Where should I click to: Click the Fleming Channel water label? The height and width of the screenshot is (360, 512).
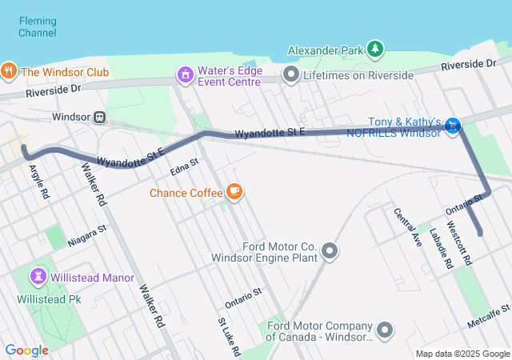coord(38,26)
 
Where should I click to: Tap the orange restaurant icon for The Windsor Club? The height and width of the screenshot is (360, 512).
coord(10,70)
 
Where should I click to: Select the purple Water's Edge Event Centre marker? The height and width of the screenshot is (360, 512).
coord(186,74)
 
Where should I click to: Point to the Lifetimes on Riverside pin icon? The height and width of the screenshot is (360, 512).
coord(291,75)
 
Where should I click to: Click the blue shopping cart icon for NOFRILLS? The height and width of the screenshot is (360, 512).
coord(454,125)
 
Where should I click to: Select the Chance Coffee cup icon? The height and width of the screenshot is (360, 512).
coord(234,191)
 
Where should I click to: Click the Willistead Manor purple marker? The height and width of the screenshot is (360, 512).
coord(38,277)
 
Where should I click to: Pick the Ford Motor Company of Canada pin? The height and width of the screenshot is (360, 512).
coord(386,330)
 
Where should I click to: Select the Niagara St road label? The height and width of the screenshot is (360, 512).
coord(88,234)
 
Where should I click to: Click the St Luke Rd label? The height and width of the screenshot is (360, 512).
coord(224,335)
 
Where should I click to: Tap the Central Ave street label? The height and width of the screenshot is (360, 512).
coord(406,226)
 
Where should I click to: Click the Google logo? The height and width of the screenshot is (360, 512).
coord(26,350)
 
